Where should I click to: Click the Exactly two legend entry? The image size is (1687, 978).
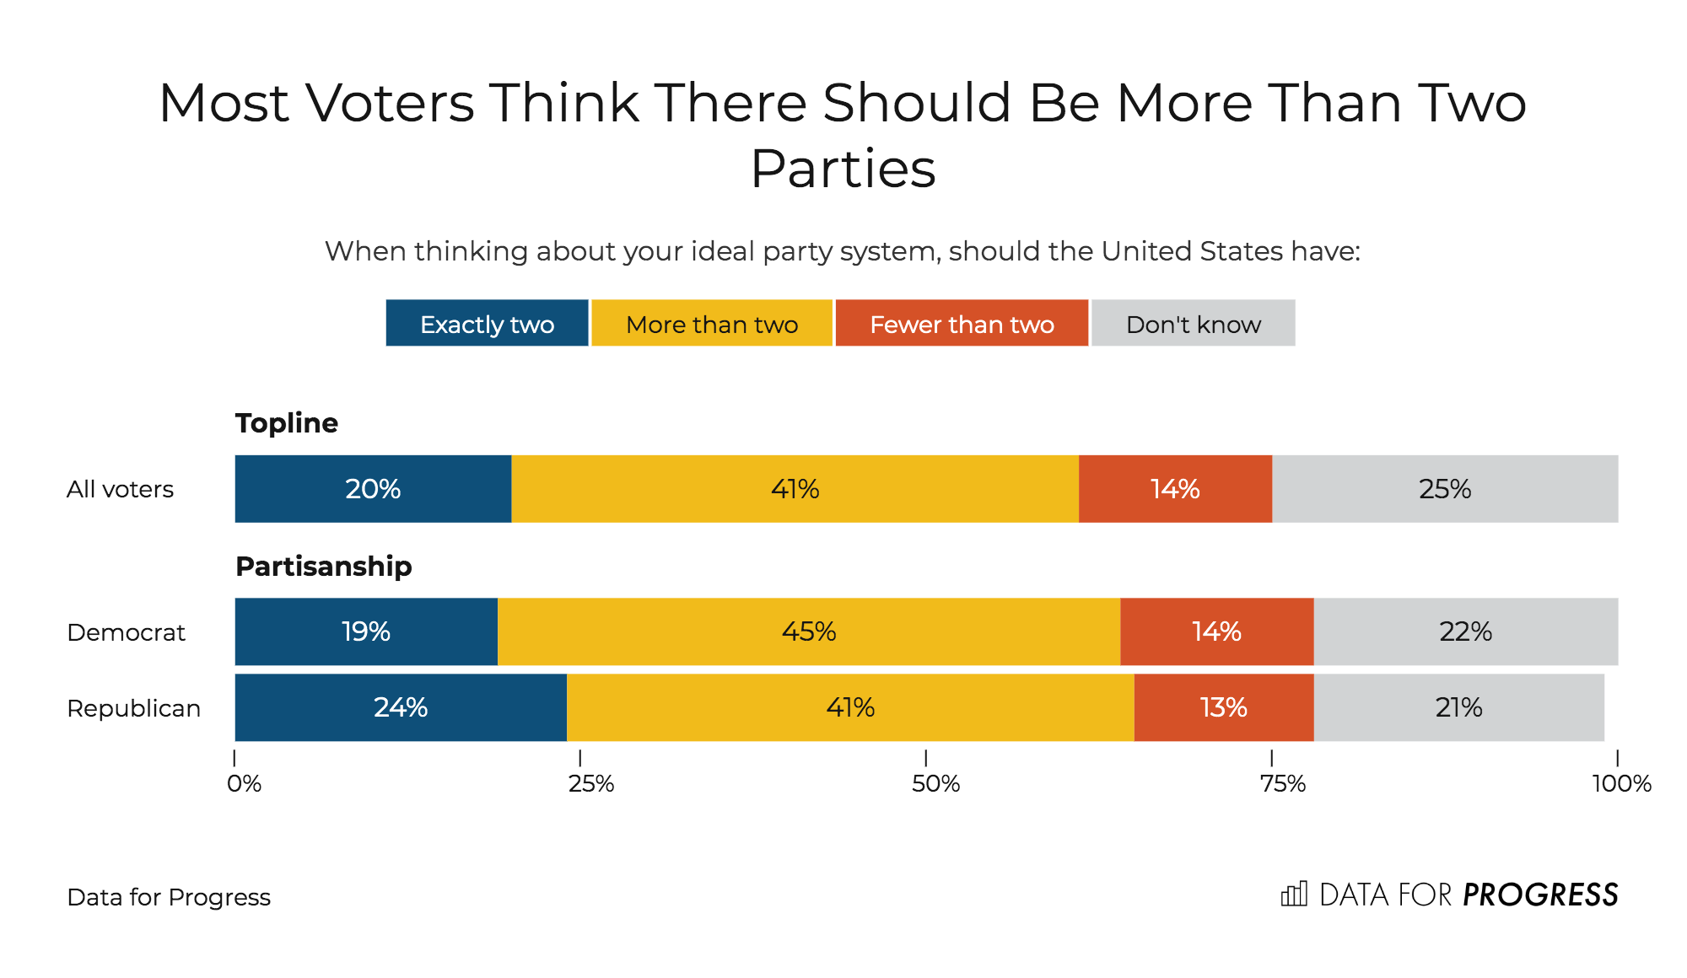pyautogui.click(x=487, y=324)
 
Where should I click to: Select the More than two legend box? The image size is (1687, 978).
pyautogui.click(x=712, y=324)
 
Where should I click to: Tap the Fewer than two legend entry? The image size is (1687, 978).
pyautogui.click(x=962, y=324)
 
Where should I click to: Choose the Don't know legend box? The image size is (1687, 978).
pyautogui.click(x=1193, y=324)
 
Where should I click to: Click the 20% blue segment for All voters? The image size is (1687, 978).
pyautogui.click(x=373, y=489)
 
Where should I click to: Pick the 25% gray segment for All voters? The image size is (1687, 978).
pyautogui.click(x=1445, y=489)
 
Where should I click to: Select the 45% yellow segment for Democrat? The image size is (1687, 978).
pyautogui.click(x=808, y=631)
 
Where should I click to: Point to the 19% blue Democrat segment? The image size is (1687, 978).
pyautogui.click(x=366, y=631)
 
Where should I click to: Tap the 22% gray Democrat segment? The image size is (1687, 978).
pyautogui.click(x=1465, y=631)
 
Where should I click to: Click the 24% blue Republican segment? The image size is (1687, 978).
pyautogui.click(x=401, y=707)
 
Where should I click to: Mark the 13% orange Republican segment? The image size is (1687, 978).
pyautogui.click(x=1223, y=707)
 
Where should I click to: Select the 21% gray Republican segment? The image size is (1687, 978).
pyautogui.click(x=1458, y=707)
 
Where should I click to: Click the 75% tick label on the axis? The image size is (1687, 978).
pyautogui.click(x=1282, y=784)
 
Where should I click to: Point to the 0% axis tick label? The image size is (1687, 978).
pyautogui.click(x=244, y=784)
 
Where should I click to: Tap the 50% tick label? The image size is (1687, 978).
pyautogui.click(x=935, y=784)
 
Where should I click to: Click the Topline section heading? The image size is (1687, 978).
pyautogui.click(x=287, y=423)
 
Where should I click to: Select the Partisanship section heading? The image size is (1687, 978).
pyautogui.click(x=324, y=567)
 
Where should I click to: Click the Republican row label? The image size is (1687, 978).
pyautogui.click(x=133, y=708)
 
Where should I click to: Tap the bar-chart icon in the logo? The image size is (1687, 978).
pyautogui.click(x=1293, y=894)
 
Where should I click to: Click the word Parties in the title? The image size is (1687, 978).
pyautogui.click(x=843, y=169)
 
